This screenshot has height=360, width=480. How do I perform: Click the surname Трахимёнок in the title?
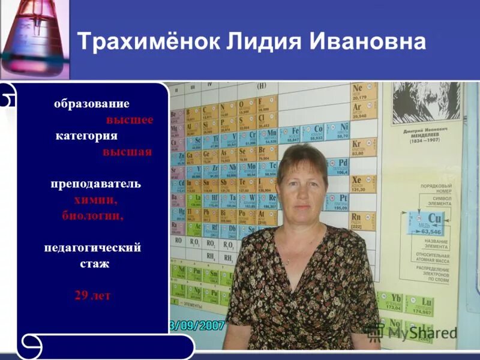click(x=148, y=43)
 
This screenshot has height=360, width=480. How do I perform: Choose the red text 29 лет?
click(x=92, y=295)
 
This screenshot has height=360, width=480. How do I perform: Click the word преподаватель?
click(x=95, y=184)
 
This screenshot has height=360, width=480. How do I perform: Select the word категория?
click(x=87, y=136)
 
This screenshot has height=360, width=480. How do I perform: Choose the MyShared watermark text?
click(x=421, y=332)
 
